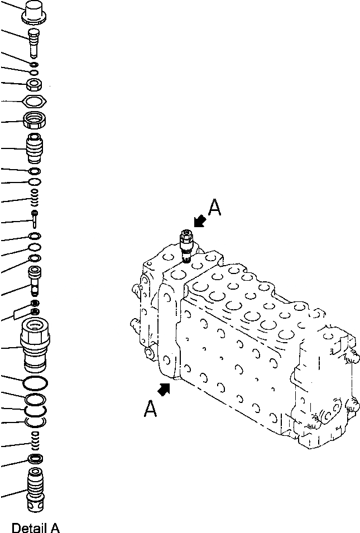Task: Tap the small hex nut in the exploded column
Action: point(35,85)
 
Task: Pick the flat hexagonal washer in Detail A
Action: point(35,102)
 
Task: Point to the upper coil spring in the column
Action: point(35,196)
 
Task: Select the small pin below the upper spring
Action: point(35,217)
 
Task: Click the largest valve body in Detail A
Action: point(35,345)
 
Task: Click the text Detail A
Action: point(35,527)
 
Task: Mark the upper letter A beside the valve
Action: point(214,208)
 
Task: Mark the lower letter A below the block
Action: point(150,410)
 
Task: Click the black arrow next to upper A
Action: point(198,222)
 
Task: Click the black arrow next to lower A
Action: point(164,390)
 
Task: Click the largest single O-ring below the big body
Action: point(35,383)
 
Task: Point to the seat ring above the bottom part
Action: point(35,460)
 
